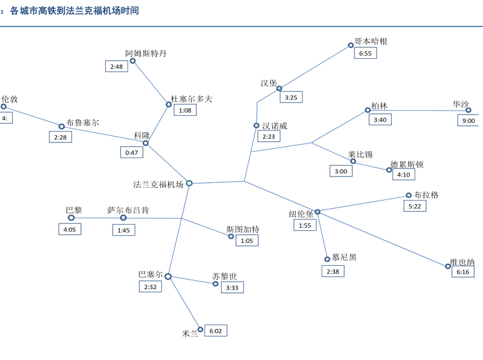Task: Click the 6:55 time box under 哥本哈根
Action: [x=365, y=53]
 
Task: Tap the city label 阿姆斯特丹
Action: [x=146, y=53]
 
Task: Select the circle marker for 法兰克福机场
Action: [x=189, y=183]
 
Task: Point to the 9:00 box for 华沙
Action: [x=468, y=120]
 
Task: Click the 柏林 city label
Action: [x=380, y=106]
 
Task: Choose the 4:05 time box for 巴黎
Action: [x=70, y=229]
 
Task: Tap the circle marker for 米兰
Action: [x=201, y=330]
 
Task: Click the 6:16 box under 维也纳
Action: [x=463, y=271]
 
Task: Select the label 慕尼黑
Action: [x=344, y=257]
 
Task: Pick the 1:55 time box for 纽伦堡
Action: [x=305, y=225]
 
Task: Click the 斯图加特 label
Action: [x=243, y=229]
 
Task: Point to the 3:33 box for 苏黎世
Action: [x=232, y=287]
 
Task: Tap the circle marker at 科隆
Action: [x=146, y=144]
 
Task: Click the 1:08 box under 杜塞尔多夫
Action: [x=185, y=110]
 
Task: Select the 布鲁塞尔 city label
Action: [x=83, y=122]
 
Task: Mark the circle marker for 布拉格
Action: [x=409, y=196]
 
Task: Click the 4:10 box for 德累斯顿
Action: [x=404, y=175]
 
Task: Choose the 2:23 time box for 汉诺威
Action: [x=269, y=136]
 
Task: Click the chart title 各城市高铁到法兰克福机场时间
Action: [x=75, y=11]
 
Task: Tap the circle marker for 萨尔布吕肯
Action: [x=123, y=218]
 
